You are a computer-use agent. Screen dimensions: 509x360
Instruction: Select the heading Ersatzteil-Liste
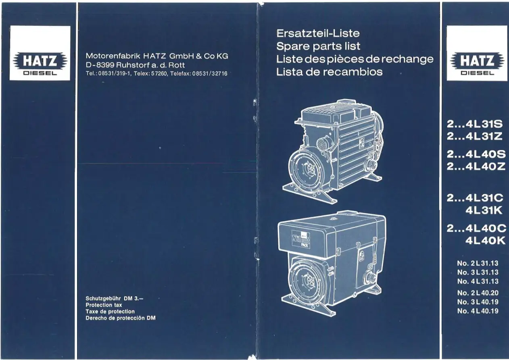coord(318,33)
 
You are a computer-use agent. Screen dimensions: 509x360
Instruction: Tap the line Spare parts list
coord(318,46)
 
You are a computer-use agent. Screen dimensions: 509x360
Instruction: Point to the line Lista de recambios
coord(329,72)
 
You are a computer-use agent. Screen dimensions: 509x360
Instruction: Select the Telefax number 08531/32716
coord(210,73)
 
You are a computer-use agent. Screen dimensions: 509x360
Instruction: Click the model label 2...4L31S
coord(475,124)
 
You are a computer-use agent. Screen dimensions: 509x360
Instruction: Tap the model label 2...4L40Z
coord(476,166)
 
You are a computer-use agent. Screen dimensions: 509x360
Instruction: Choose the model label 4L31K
coord(484,210)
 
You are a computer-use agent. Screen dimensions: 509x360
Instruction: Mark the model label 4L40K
coord(485,241)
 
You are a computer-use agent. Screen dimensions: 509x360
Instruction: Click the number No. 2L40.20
coord(478,293)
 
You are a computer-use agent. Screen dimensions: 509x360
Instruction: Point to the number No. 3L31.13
coord(478,272)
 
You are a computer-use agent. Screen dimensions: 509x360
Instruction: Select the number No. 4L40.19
coord(478,311)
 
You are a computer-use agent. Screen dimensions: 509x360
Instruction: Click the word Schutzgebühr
coord(103,298)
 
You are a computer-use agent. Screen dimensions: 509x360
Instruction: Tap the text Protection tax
coord(104,305)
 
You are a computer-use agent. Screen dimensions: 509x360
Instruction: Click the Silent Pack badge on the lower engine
coord(300,240)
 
